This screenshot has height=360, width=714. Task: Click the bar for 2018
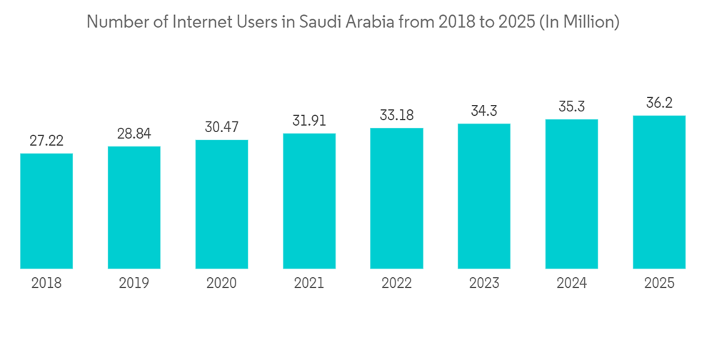tap(46, 211)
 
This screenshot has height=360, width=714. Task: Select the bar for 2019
tap(134, 207)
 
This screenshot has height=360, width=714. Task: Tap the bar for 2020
tap(221, 204)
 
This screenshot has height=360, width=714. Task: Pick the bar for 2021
tap(309, 201)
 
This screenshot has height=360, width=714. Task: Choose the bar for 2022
tap(396, 198)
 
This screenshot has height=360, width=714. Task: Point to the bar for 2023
tap(484, 196)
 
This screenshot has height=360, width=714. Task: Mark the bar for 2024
tap(572, 194)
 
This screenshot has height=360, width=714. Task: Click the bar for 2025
tap(659, 191)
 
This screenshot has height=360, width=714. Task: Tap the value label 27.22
tap(46, 141)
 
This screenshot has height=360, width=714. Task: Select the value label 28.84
tap(134, 134)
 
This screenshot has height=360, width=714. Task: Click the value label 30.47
tap(221, 127)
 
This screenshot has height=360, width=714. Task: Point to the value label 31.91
tap(309, 121)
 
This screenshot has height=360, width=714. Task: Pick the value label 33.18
tap(396, 115)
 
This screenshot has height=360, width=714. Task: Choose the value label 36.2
tap(659, 103)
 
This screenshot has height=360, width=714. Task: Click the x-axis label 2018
tap(46, 284)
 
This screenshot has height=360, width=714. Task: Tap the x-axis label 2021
tap(309, 284)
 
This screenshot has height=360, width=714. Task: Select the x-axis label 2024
tap(572, 284)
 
